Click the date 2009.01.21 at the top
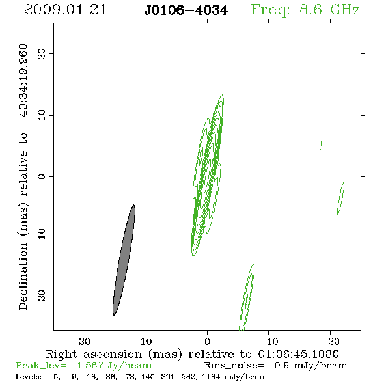click(65, 10)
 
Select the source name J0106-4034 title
click(186, 10)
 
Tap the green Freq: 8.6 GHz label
click(305, 10)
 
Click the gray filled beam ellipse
click(124, 260)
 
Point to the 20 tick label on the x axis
click(85, 341)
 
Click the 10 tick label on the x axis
click(146, 341)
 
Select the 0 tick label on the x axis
click(207, 341)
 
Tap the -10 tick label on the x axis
click(269, 341)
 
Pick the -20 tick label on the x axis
click(330, 341)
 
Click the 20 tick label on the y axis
click(42, 53)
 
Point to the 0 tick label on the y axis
click(42, 176)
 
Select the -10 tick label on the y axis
click(42, 238)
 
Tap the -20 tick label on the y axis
click(42, 299)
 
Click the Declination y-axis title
click(23, 176)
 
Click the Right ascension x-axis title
click(193, 354)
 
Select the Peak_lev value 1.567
click(90, 366)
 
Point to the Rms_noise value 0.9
click(281, 366)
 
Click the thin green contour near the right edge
click(340, 199)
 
